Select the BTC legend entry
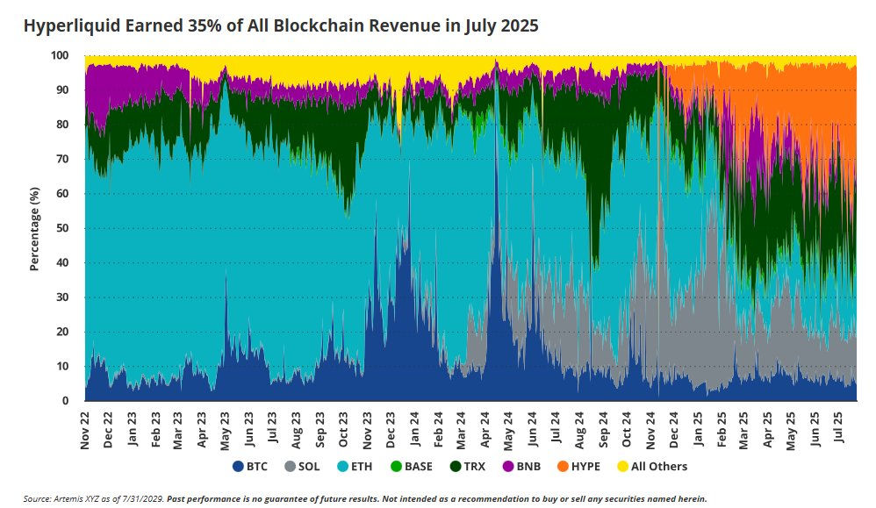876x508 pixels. pyautogui.click(x=250, y=466)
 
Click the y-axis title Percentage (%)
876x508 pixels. pyautogui.click(x=35, y=228)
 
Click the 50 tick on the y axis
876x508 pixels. pyautogui.click(x=64, y=228)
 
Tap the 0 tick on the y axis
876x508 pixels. pyautogui.click(x=67, y=401)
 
